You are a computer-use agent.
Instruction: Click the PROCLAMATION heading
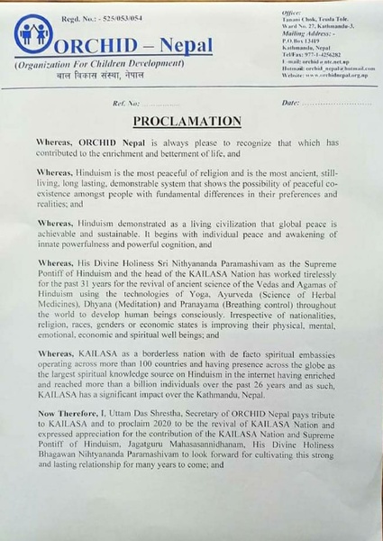(190, 121)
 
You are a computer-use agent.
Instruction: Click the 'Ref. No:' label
(114, 104)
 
